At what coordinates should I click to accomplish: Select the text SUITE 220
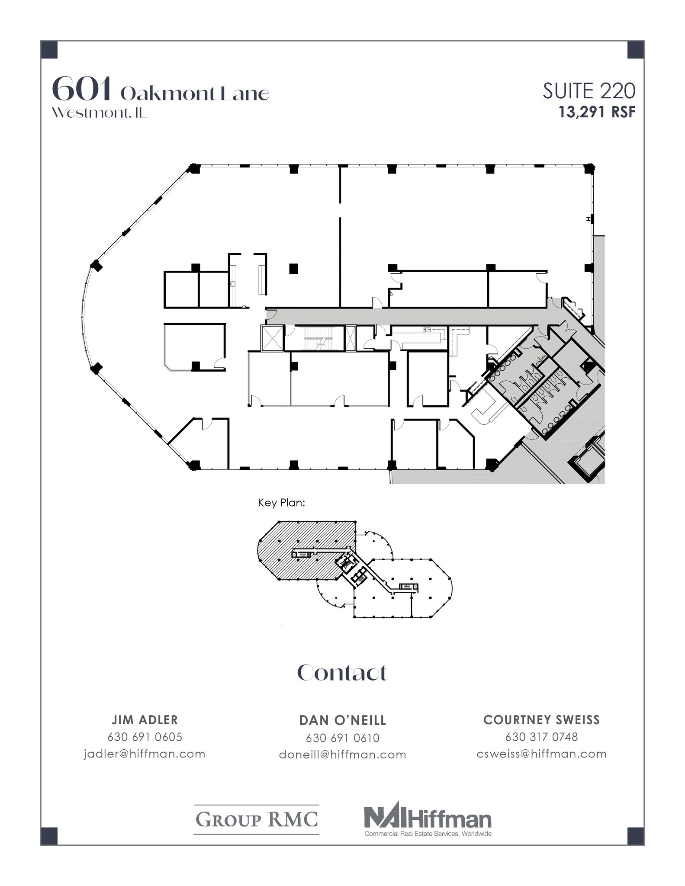589,91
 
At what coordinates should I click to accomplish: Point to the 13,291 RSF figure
597,112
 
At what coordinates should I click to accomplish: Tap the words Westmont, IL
99,113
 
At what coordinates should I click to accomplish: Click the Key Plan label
282,503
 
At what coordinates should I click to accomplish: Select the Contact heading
342,673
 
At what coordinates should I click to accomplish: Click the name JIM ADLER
145,720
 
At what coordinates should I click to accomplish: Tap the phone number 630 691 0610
342,738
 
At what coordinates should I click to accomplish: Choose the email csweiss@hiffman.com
541,754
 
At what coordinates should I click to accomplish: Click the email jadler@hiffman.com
145,754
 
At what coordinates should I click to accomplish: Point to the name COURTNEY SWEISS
541,720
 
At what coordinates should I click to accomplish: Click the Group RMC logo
257,819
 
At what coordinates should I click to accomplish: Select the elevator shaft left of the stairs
272,338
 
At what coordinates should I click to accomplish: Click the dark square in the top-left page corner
49,49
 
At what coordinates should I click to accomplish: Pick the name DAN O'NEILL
342,720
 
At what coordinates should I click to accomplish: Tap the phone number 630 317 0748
541,737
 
